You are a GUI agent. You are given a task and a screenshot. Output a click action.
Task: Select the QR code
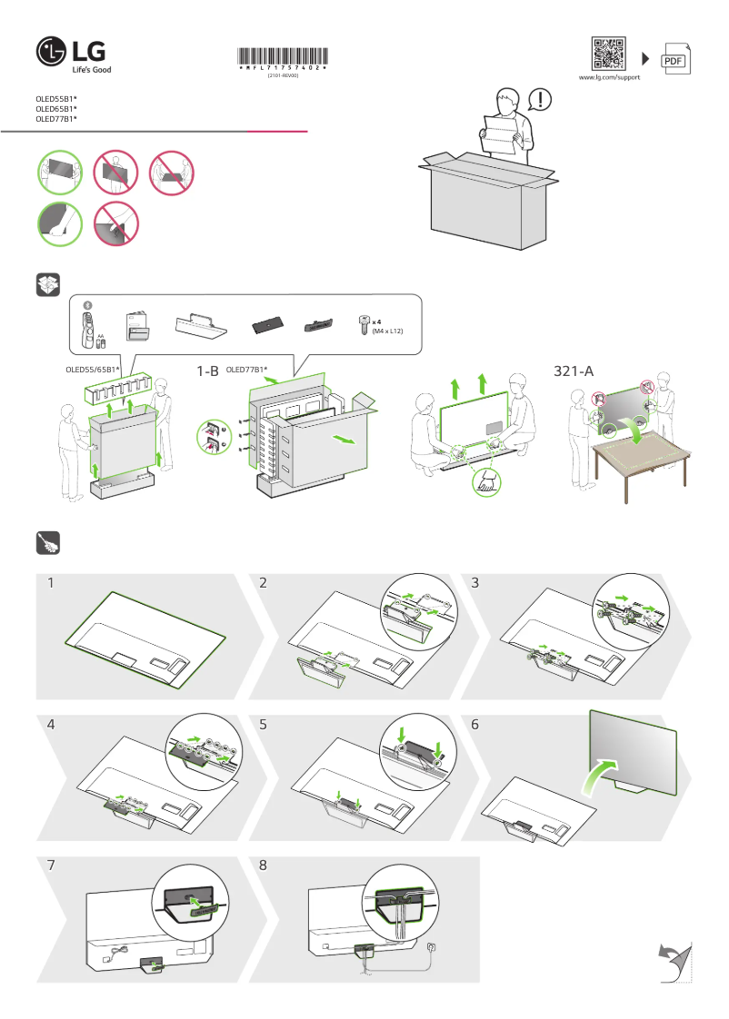tap(609, 54)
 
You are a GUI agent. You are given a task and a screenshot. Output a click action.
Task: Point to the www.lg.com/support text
tap(609, 78)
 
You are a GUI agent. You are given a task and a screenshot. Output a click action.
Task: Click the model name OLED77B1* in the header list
tap(55, 119)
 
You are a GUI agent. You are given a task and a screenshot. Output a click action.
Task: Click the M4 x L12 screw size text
tap(387, 332)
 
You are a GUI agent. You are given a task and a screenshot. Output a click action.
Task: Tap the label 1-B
tap(207, 371)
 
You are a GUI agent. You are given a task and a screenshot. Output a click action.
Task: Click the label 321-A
tap(574, 371)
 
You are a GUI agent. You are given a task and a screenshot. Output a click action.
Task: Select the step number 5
tap(263, 725)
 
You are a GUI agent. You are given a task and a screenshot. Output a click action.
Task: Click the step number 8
tap(263, 866)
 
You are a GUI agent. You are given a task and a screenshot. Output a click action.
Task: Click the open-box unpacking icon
tap(46, 285)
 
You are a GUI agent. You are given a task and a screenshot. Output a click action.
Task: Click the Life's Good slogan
tap(92, 70)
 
